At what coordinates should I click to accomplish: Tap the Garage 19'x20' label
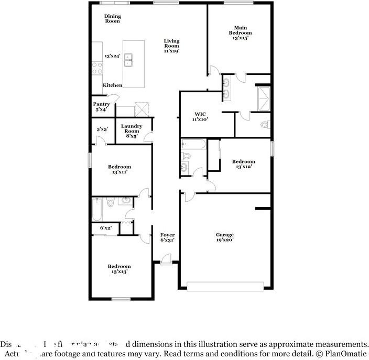225,237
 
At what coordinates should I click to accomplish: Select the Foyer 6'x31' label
167,237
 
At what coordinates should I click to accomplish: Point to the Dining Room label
112,19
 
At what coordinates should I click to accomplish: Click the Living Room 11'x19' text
171,46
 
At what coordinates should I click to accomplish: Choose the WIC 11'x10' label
200,116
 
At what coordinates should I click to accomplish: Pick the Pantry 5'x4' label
101,107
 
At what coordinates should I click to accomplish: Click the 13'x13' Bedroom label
120,269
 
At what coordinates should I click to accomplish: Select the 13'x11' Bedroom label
120,169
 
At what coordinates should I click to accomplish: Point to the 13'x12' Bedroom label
244,164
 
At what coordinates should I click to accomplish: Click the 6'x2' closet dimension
105,228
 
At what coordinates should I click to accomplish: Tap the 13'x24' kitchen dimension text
112,56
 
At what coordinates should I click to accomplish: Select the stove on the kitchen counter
97,67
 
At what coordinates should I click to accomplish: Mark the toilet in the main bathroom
265,125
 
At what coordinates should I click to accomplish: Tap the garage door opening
225,287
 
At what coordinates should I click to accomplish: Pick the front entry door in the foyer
166,258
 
